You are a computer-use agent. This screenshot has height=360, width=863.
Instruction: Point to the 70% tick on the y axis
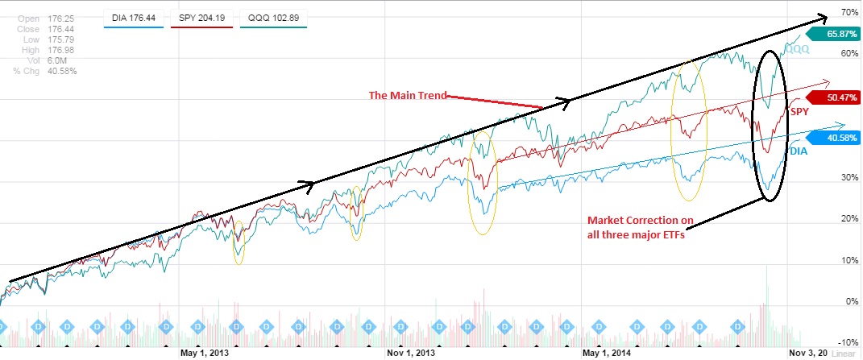tap(848, 14)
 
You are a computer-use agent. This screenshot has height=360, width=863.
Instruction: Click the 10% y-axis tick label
tap(848, 260)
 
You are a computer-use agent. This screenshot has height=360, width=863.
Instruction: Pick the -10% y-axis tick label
tap(846, 343)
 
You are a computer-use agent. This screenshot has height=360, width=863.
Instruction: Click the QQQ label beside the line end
tap(798, 50)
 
